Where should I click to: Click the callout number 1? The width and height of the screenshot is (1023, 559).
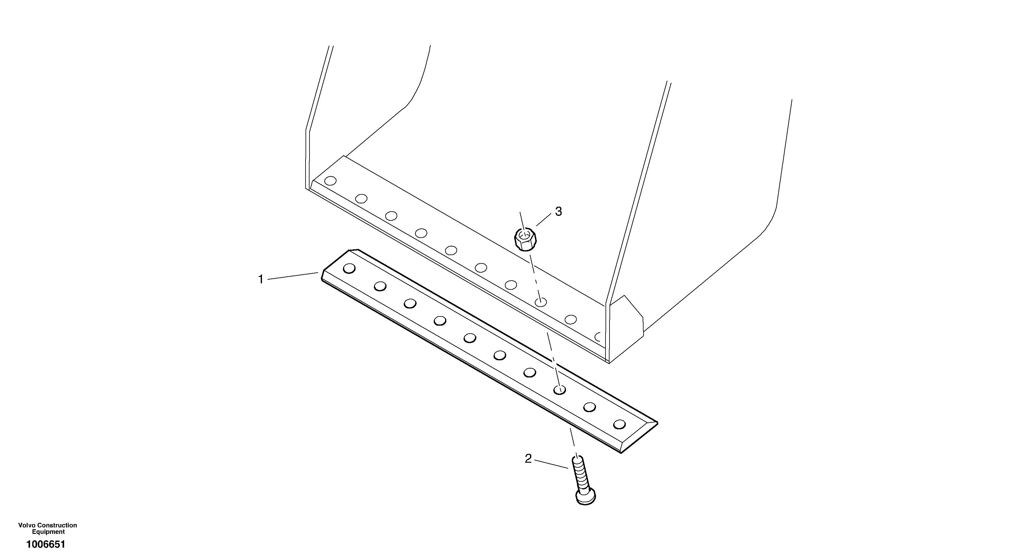[x=261, y=280]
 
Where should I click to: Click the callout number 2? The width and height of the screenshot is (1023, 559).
[x=528, y=459]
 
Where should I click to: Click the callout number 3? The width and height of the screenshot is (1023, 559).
[x=558, y=212]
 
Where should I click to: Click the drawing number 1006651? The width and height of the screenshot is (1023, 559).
[x=46, y=544]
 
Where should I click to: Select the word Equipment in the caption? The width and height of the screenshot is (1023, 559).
[x=48, y=532]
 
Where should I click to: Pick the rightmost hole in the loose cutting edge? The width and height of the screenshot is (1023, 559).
[x=619, y=424]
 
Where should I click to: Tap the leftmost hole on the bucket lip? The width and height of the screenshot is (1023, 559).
[x=330, y=181]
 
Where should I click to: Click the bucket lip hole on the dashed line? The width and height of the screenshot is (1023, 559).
[x=540, y=302]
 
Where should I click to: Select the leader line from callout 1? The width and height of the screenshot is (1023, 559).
[x=293, y=276]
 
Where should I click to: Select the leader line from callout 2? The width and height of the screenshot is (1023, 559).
[x=551, y=464]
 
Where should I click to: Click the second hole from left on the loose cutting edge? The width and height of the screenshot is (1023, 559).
[x=380, y=286]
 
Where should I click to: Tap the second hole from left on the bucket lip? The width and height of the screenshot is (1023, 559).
[x=361, y=198]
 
